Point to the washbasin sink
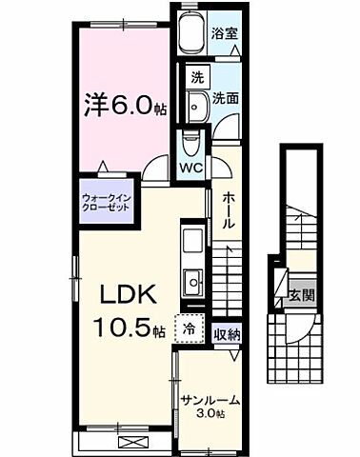coord(197,106)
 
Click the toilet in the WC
coord(190,144)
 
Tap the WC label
coord(190,169)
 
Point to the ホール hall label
coord(230,209)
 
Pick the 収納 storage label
coord(226,333)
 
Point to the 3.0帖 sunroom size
coord(210,414)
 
